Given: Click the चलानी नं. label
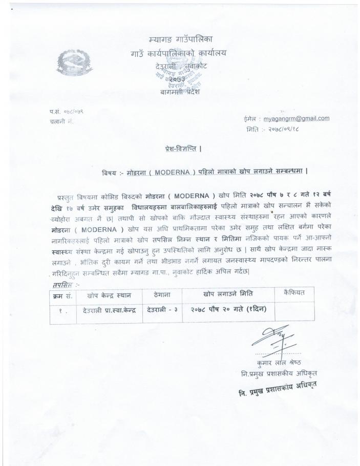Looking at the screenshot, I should pos(61,122).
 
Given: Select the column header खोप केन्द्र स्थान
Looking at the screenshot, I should pos(109,294).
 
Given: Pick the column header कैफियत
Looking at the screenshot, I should pos(293,292).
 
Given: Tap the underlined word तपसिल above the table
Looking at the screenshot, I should pos(62,284).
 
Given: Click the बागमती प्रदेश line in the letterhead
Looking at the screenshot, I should pos(178,91).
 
